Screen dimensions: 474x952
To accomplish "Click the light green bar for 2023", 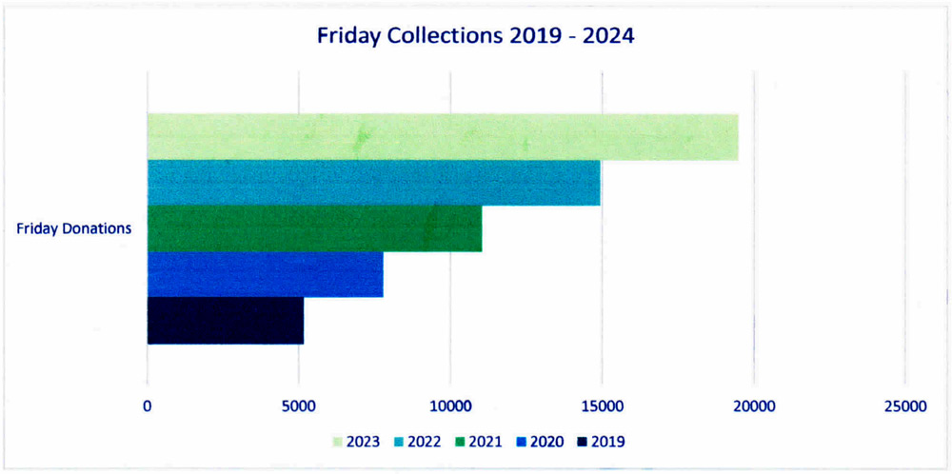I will coord(443,137).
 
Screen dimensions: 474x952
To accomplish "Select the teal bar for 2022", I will coord(373,183).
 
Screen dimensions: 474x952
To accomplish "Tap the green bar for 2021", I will coord(314,228).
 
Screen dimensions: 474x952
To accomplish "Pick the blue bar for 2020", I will coord(265,274).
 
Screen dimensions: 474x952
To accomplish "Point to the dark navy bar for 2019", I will coord(225,321).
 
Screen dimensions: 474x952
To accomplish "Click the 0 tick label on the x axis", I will coord(148,406).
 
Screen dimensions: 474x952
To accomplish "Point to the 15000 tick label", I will coord(602,406).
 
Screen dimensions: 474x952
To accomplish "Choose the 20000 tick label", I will coord(753,406).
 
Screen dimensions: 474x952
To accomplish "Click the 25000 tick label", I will coord(904,406).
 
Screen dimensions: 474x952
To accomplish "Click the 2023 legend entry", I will coord(357,442).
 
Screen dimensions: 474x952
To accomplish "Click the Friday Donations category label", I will coord(74,228).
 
